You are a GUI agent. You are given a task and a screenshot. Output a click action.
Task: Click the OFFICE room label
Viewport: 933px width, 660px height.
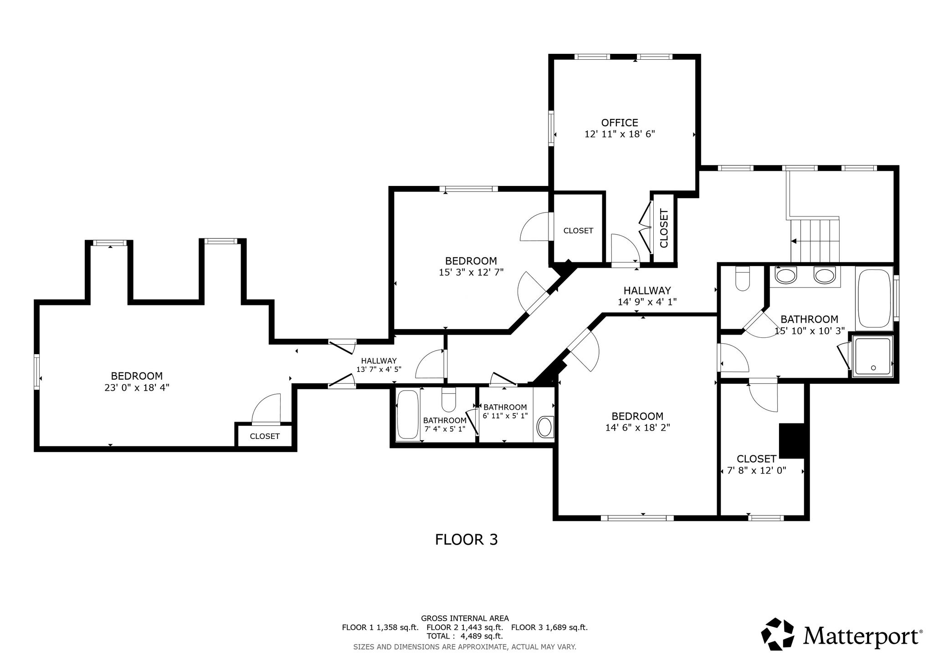pyautogui.click(x=620, y=123)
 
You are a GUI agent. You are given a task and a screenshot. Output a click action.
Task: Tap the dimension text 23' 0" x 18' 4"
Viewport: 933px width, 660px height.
pyautogui.click(x=137, y=388)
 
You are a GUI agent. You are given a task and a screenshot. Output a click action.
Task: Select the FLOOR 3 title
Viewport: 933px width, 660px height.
pyautogui.click(x=466, y=540)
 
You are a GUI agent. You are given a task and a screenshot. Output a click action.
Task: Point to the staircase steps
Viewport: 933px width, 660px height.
pyautogui.click(x=815, y=240)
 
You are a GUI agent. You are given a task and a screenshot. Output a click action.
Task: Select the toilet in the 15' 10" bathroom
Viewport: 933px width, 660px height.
pyautogui.click(x=743, y=278)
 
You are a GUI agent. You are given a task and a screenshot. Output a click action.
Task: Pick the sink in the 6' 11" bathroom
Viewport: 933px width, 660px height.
pyautogui.click(x=545, y=427)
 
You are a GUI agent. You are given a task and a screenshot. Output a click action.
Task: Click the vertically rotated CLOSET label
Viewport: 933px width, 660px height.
pyautogui.click(x=664, y=228)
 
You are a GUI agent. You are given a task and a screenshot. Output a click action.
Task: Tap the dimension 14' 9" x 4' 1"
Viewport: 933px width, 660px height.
pyautogui.click(x=647, y=302)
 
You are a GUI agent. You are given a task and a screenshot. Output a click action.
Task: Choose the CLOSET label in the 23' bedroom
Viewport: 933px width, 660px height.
pyautogui.click(x=265, y=436)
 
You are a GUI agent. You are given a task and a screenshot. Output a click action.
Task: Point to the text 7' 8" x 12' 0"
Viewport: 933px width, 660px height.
pyautogui.click(x=757, y=470)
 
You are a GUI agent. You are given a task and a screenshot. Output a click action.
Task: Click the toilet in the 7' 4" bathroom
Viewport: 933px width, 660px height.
pyautogui.click(x=449, y=400)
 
